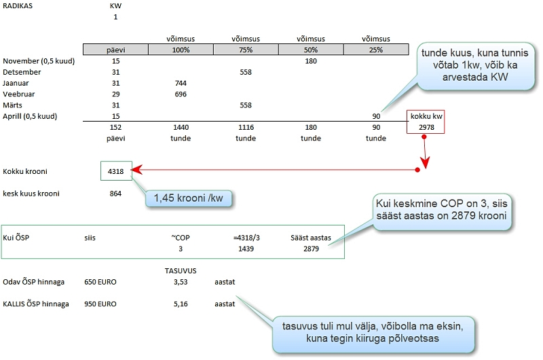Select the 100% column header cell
(180, 50)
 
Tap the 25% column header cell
(375, 50)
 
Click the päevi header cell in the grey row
(115, 50)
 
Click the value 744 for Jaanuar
(180, 83)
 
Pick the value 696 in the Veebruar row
(180, 94)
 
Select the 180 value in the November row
(311, 61)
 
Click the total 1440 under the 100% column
(180, 127)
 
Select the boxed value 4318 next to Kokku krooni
(115, 172)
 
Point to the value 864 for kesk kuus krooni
(115, 194)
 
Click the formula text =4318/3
(246, 238)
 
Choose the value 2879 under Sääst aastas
(311, 249)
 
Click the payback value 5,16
(180, 304)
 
